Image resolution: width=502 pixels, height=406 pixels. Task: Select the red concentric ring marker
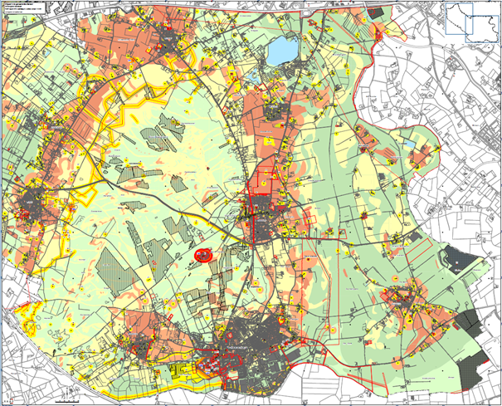(x=202, y=255)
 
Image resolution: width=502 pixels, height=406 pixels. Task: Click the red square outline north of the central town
(x=264, y=183)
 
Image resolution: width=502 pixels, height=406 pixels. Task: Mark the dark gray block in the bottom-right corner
(x=475, y=360)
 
